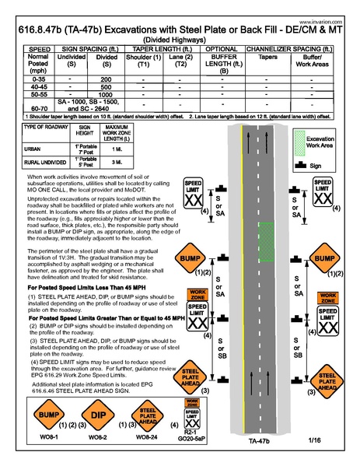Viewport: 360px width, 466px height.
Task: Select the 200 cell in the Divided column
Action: (107, 80)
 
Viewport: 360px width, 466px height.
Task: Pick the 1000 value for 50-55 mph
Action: (107, 94)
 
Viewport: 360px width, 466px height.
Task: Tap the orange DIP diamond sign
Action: (99, 415)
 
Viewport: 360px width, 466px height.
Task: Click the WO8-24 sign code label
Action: (147, 440)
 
